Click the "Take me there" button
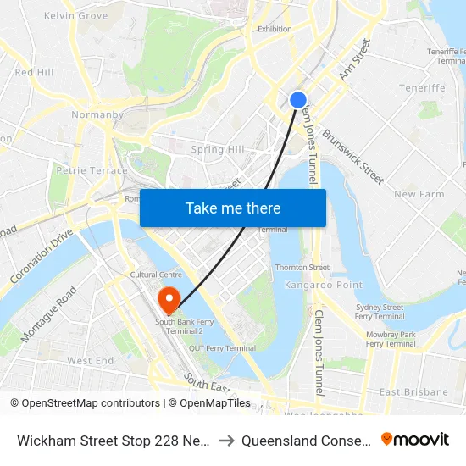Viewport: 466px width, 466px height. coord(233,208)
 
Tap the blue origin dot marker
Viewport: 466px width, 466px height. coord(298,100)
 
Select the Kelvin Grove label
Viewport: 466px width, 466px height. coord(75,16)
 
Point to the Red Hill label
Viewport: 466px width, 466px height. coord(34,73)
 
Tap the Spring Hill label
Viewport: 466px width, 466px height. coord(218,150)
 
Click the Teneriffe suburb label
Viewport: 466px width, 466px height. coord(422,88)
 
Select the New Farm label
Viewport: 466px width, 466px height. coord(419,194)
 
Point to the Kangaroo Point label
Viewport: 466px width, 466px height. coord(313,285)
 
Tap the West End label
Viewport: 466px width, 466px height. coord(91,361)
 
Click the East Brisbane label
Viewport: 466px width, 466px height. coord(413,392)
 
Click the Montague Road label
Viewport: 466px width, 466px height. coord(49,313)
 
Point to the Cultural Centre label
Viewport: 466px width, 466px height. coord(156,275)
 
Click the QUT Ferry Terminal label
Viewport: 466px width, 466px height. coord(222,348)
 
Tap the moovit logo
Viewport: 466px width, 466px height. coord(415,440)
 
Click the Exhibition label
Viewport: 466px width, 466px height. coord(275,29)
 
